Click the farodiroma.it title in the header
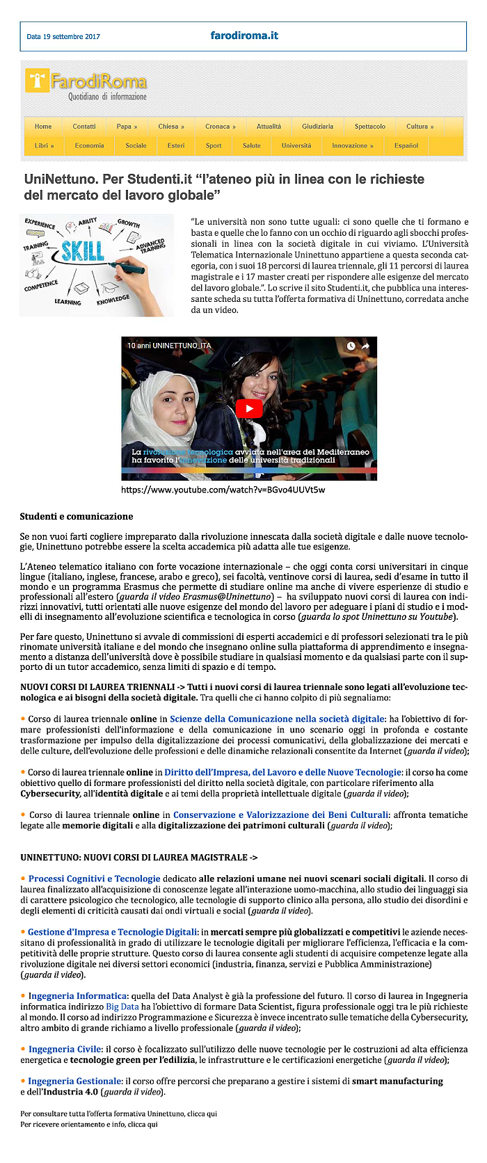244,35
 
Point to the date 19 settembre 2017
63,37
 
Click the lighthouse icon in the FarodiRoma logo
37,80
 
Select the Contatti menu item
84,127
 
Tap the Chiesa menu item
170,127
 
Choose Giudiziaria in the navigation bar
317,127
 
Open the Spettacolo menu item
369,127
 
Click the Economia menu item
89,145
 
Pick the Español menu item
406,145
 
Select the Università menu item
296,145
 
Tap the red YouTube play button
248,408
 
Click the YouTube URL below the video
223,490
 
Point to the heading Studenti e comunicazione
77,516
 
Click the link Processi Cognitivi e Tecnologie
94,879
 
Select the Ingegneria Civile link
65,1049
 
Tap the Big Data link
122,1006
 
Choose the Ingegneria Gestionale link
74,1081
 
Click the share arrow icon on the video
366,346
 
